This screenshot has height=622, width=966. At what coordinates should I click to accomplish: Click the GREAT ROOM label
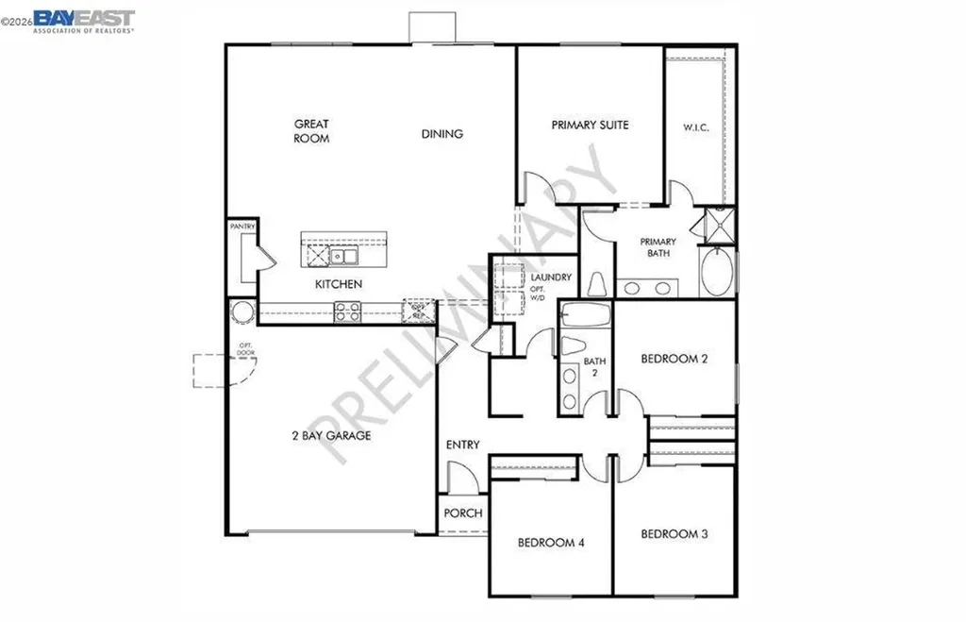(x=311, y=131)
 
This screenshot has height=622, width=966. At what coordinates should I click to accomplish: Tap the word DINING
(x=441, y=134)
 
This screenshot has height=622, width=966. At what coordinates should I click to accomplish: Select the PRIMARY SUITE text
(x=590, y=125)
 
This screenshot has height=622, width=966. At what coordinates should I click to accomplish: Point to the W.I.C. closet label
(x=696, y=127)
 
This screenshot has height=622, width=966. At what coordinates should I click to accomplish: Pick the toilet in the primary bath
(x=596, y=283)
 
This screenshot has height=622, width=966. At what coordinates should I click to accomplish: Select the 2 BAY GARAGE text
(x=330, y=436)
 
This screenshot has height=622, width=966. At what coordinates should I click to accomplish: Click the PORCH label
(x=462, y=513)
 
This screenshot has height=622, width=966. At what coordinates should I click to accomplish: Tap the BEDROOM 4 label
(x=551, y=543)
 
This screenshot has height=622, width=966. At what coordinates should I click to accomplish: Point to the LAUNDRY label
(x=551, y=277)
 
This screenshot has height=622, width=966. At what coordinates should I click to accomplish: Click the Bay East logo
(x=84, y=20)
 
